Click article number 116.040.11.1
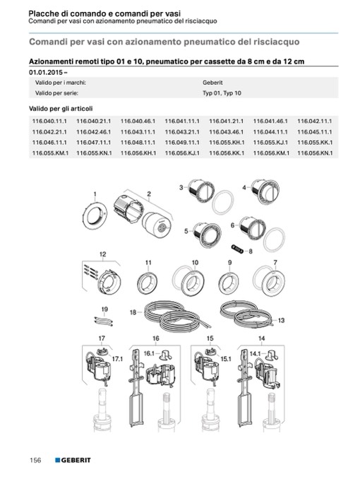(49, 122)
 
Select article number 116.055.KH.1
(227, 142)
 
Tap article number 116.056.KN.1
(315, 153)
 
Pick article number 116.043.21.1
(182, 132)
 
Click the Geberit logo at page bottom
(73, 460)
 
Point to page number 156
(35, 460)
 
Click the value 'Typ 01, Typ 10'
(222, 93)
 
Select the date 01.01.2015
(46, 72)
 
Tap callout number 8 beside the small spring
(251, 252)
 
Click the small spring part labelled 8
(237, 248)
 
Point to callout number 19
(104, 309)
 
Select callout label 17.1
(117, 359)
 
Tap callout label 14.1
(255, 354)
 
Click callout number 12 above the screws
(102, 254)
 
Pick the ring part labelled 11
(147, 283)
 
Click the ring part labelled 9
(229, 283)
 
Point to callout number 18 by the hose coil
(133, 312)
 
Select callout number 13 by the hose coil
(281, 320)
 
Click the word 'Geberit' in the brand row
(212, 83)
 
